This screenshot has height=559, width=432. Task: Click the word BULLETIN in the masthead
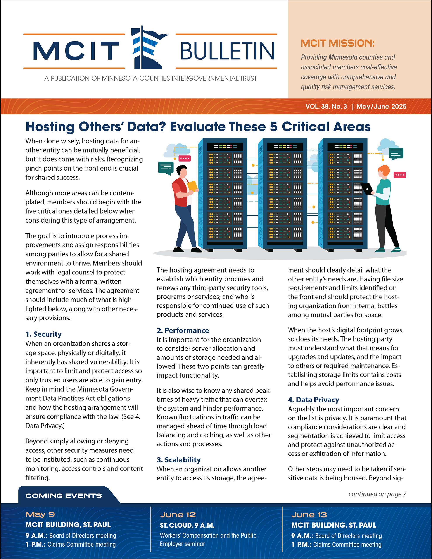[227, 51]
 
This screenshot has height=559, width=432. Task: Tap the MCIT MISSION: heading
[337, 43]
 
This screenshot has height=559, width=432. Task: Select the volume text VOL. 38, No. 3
[326, 107]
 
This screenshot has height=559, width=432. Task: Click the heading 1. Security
[43, 334]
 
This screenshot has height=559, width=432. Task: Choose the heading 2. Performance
[183, 330]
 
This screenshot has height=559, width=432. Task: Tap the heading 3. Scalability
[178, 460]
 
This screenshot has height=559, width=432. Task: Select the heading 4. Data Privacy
[313, 400]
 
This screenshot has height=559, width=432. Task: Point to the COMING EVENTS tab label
[64, 496]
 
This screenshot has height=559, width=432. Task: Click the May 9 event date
[40, 514]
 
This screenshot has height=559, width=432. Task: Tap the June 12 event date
[178, 515]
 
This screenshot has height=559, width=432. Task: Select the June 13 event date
[309, 515]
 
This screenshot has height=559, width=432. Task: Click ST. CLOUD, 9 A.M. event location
[187, 525]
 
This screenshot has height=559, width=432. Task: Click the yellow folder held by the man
[192, 186]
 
